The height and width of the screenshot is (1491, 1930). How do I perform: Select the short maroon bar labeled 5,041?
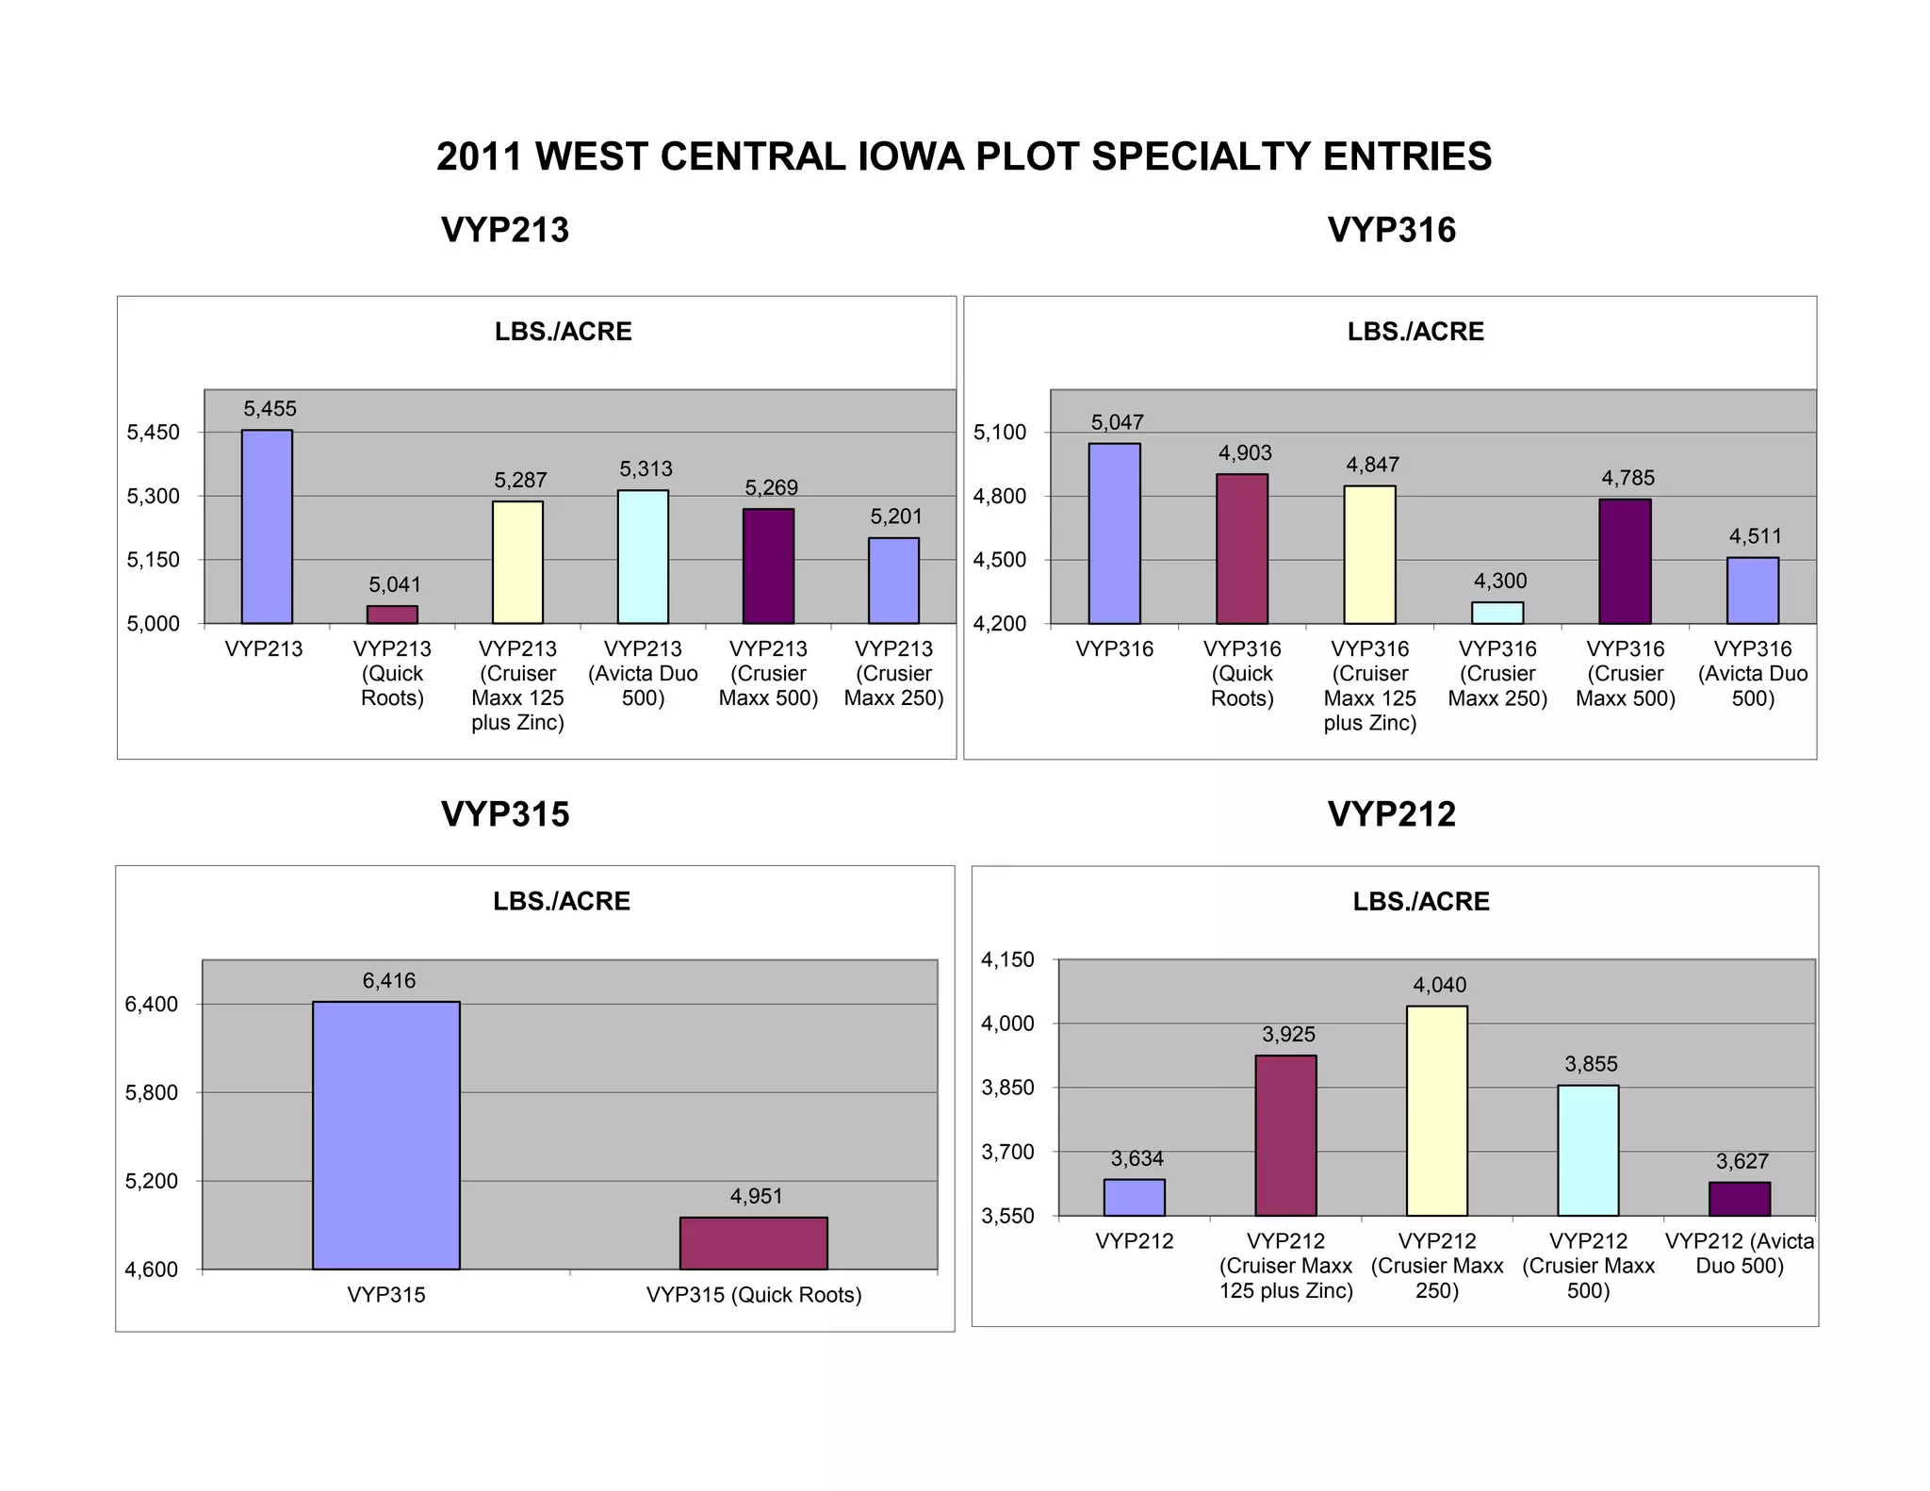pos(392,614)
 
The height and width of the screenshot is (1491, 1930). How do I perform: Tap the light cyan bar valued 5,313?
pos(643,556)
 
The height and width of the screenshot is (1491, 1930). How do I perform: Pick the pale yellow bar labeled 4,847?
pos(1369,554)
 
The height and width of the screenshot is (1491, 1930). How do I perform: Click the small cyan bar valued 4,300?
pos(1497,613)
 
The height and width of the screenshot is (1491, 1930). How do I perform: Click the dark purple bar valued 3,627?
pos(1739,1198)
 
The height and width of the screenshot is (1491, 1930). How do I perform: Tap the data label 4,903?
pos(1245,453)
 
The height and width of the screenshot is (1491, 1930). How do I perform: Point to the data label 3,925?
pos(1288,1034)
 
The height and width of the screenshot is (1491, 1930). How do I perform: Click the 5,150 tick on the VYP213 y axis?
pos(153,560)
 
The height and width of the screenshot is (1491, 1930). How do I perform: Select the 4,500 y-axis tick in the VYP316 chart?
pos(999,560)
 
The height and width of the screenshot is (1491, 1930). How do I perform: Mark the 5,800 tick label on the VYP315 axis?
pos(151,1092)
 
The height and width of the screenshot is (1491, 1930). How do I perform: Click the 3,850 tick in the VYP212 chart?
pos(1007,1088)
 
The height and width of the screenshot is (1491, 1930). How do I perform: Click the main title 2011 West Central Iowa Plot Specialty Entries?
pos(964,156)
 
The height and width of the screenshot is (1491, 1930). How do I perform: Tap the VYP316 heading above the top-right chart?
pos(1391,230)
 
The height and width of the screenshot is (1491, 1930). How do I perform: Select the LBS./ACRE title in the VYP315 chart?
pos(562,901)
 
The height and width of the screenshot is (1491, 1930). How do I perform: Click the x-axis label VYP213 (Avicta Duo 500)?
pos(643,673)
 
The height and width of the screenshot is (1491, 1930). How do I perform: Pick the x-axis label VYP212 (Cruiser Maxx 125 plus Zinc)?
pos(1285,1266)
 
